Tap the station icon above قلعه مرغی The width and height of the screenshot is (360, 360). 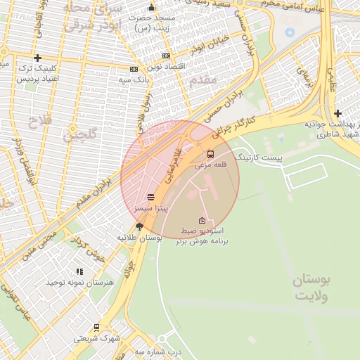tap(210, 155)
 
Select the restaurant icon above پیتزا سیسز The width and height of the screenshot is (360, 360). tap(150, 198)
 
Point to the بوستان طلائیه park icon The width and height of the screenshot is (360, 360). tap(139, 226)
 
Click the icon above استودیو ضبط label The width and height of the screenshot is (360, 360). tap(202, 221)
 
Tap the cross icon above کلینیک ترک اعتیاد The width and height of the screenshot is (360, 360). tap(37, 58)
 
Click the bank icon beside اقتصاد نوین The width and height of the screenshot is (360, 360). tap(166, 56)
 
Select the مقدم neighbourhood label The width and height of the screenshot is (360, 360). tap(202, 81)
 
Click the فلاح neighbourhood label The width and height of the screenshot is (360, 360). tap(35, 121)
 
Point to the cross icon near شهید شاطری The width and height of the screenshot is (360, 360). tap(338, 113)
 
